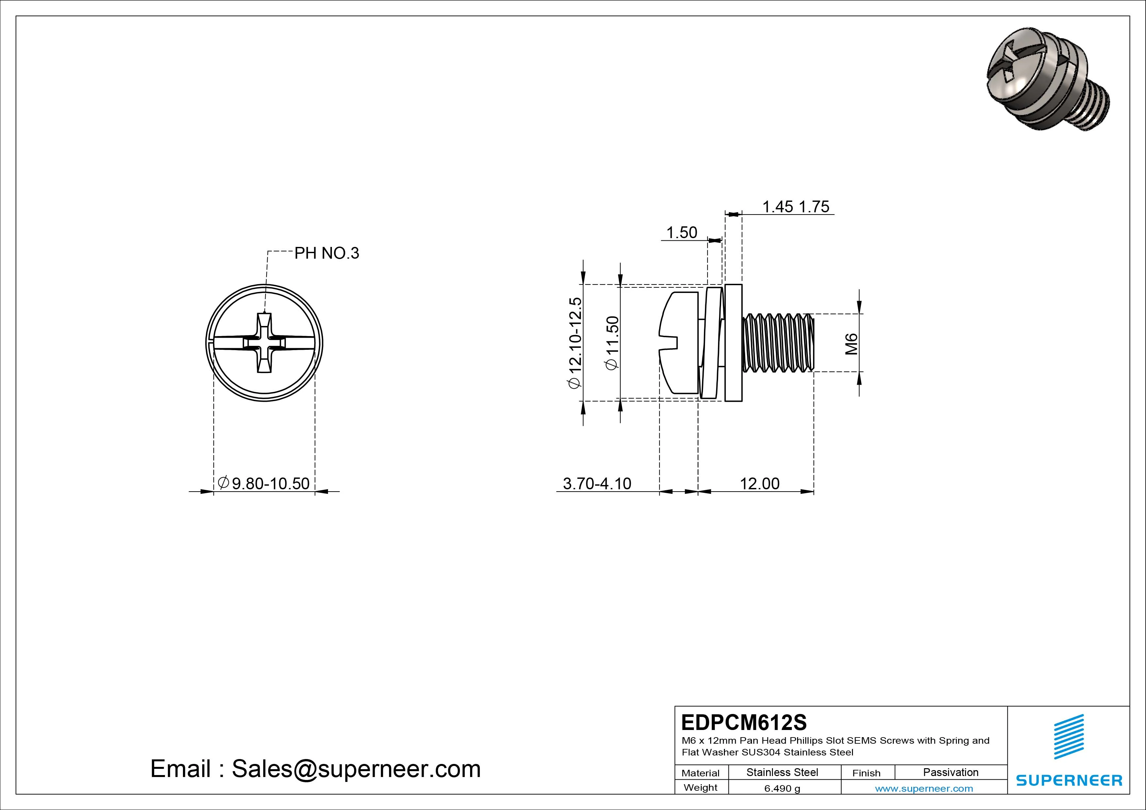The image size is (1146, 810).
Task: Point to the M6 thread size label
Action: (x=852, y=344)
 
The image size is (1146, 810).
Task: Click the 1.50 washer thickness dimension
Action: (x=682, y=233)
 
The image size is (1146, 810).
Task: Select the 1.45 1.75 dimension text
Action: (x=795, y=207)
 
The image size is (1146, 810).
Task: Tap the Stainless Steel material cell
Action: (x=782, y=772)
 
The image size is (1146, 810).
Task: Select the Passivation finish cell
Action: (x=950, y=772)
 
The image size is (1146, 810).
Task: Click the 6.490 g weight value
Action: (x=782, y=788)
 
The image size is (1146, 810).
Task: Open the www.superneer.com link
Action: (x=924, y=788)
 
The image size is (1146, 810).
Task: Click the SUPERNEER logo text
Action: (x=1069, y=780)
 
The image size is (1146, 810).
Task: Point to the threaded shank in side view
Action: (x=778, y=343)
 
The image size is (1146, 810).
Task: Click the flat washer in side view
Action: (x=733, y=343)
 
